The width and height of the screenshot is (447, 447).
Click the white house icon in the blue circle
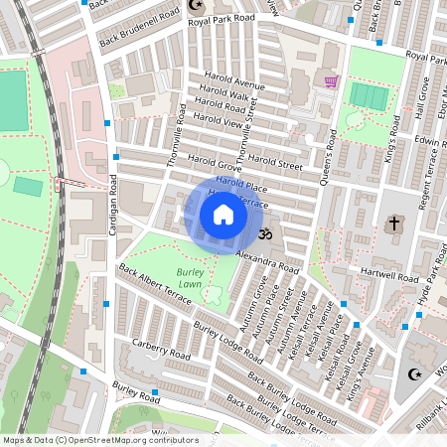[223, 215]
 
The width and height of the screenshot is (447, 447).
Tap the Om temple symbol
[264, 235]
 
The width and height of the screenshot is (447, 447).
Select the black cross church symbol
[393, 223]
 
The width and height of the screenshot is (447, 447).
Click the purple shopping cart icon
[330, 80]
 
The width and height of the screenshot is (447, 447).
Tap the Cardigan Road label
[112, 209]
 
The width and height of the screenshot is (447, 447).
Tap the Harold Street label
[275, 161]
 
